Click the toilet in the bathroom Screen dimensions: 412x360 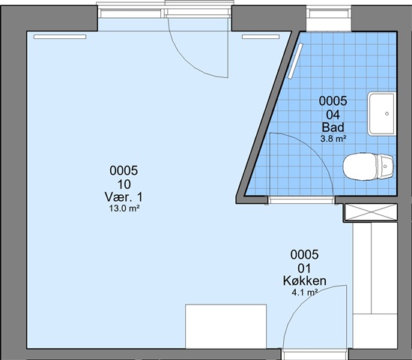click(x=369, y=166)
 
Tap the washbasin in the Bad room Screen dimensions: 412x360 click(x=381, y=114)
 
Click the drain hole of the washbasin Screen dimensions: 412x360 click(x=387, y=114)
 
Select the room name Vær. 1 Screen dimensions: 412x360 click(x=124, y=196)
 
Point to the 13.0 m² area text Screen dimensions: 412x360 click(x=124, y=208)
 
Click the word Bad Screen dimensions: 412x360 click(x=333, y=127)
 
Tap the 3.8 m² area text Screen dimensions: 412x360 click(x=333, y=139)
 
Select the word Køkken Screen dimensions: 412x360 click(x=305, y=280)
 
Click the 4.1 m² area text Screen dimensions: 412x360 click(x=305, y=292)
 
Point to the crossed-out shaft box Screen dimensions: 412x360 click(x=371, y=211)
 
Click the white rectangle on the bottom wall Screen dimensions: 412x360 click(x=225, y=326)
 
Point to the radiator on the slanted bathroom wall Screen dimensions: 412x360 click(x=295, y=61)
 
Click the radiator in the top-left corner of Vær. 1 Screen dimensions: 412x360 click(x=60, y=37)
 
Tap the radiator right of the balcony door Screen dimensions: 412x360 click(x=261, y=37)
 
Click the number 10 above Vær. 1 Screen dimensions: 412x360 click(x=124, y=184)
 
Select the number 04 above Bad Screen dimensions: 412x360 click(x=333, y=115)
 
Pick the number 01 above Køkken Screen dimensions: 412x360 click(x=304, y=268)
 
